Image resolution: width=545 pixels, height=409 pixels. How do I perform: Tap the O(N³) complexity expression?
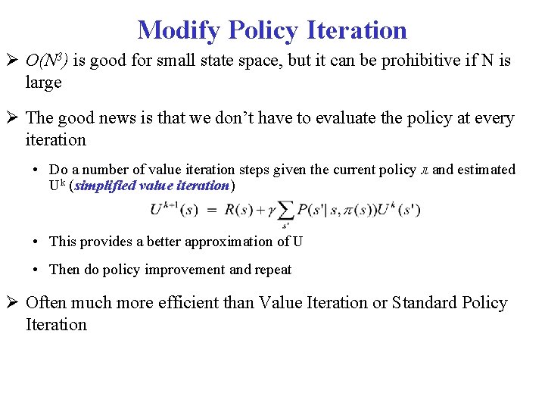pos(46,61)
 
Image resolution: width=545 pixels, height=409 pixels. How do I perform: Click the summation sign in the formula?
pos(286,212)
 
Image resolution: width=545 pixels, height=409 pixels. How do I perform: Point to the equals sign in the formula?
pos(213,210)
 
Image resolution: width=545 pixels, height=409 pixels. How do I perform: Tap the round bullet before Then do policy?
pos(37,270)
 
